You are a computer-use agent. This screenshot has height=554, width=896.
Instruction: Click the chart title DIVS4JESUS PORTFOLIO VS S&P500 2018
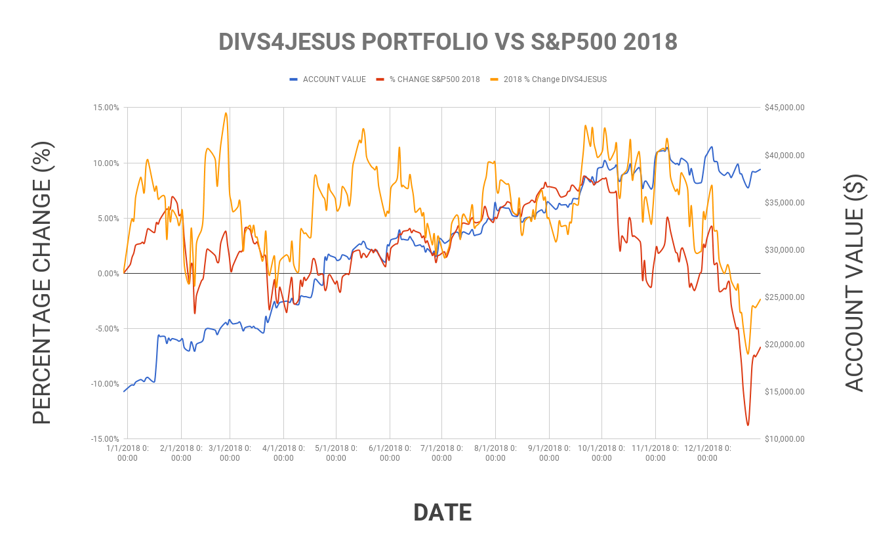pyautogui.click(x=447, y=41)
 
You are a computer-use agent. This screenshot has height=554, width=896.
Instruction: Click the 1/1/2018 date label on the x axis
pyautogui.click(x=127, y=453)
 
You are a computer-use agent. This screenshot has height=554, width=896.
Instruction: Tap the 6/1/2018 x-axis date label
pyautogui.click(x=390, y=453)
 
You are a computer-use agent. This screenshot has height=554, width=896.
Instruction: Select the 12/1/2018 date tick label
pyautogui.click(x=707, y=453)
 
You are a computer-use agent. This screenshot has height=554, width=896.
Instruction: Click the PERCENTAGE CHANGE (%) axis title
pyautogui.click(x=42, y=282)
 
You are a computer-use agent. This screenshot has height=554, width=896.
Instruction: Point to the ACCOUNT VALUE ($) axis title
pyautogui.click(x=854, y=282)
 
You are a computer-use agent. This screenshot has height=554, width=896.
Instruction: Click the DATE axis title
pyautogui.click(x=443, y=513)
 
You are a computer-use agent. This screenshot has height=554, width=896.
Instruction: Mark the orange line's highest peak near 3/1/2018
pyautogui.click(x=226, y=113)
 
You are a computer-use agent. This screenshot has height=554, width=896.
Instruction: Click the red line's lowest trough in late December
pyautogui.click(x=747, y=425)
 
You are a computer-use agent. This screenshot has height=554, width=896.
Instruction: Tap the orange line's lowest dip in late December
pyautogui.click(x=748, y=354)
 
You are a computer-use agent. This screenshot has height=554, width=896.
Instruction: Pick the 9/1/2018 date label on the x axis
pyautogui.click(x=549, y=453)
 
